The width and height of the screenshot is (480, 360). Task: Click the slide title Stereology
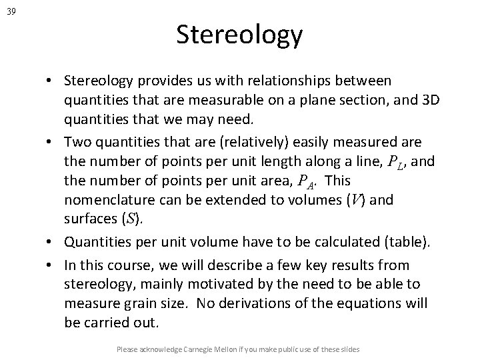click(x=239, y=35)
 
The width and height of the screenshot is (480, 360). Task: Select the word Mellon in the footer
click(x=243, y=349)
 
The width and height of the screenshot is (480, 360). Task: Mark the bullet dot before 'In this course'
click(x=51, y=264)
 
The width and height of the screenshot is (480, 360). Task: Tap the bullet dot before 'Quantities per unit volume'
click(x=51, y=244)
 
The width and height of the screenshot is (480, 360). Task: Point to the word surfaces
click(x=88, y=219)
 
